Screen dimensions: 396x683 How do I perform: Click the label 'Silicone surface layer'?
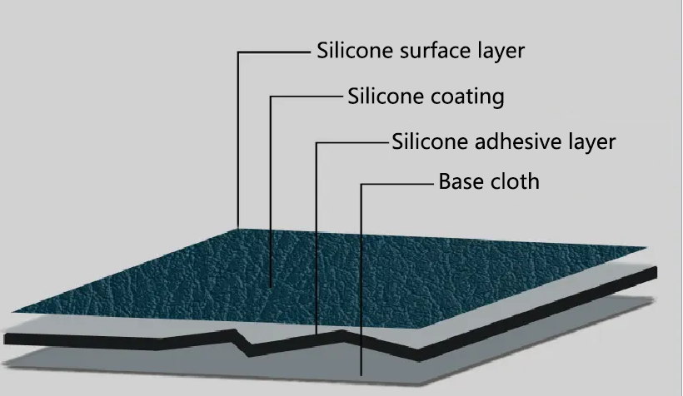coord(421,51)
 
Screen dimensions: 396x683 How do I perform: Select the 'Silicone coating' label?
coord(426,97)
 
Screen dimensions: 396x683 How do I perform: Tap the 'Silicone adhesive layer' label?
coord(503,141)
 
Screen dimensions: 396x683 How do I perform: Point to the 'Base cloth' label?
coord(489,181)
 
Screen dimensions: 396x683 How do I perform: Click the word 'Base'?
coord(461,181)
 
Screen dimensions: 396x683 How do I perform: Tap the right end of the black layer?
coord(655,272)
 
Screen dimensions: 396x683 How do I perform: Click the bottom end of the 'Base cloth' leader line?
coord(361,377)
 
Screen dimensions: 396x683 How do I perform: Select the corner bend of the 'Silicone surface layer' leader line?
coord(238,52)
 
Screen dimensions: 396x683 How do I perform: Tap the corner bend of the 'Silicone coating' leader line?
coord(271,97)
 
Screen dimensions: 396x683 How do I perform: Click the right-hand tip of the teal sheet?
coord(646,247)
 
